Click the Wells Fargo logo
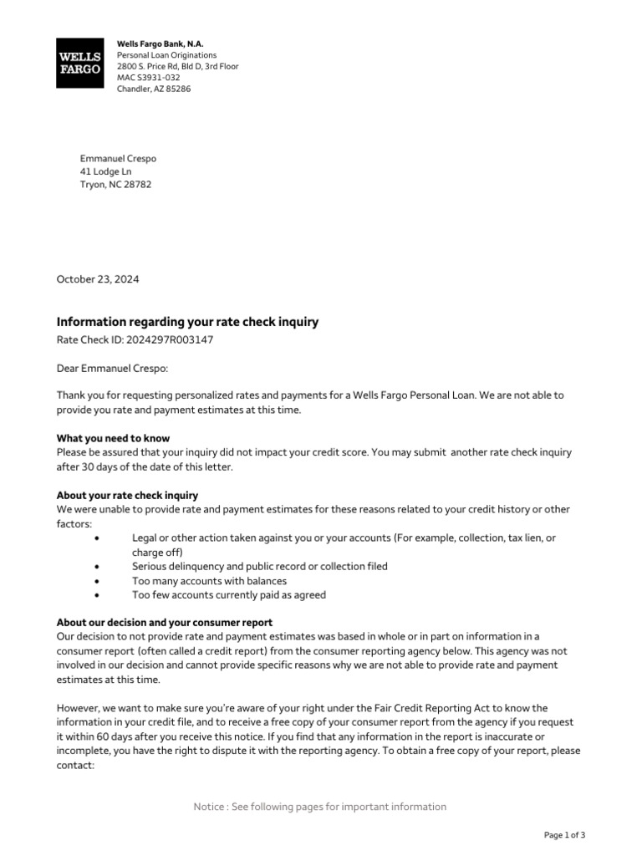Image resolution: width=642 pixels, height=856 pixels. pos(79,63)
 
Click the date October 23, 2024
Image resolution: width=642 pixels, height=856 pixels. pos(97,279)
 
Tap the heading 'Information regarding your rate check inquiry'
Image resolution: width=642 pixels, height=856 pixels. pos(187,322)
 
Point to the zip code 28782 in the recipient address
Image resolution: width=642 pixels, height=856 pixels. pos(137,186)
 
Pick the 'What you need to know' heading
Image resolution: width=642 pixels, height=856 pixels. pos(113,438)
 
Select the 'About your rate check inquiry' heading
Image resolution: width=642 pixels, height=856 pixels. pos(127,496)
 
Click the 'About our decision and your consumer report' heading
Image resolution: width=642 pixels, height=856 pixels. pos(164,623)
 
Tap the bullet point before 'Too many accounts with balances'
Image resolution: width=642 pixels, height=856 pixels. pos(99,581)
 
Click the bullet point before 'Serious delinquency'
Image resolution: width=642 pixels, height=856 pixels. pos(99,567)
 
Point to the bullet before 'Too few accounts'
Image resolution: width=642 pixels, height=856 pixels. pos(99,595)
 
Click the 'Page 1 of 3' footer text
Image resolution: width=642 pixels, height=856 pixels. pos(564,835)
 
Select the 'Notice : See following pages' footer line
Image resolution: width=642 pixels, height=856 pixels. pos(320,807)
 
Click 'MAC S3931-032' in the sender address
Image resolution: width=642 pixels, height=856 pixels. pos(148,78)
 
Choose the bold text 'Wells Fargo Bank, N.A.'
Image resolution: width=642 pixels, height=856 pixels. pos(160,43)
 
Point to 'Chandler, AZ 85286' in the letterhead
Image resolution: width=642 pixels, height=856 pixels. pos(154,89)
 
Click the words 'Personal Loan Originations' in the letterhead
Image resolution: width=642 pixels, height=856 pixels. pos(166,55)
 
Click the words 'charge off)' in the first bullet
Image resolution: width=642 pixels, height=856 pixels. pos(157,553)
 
